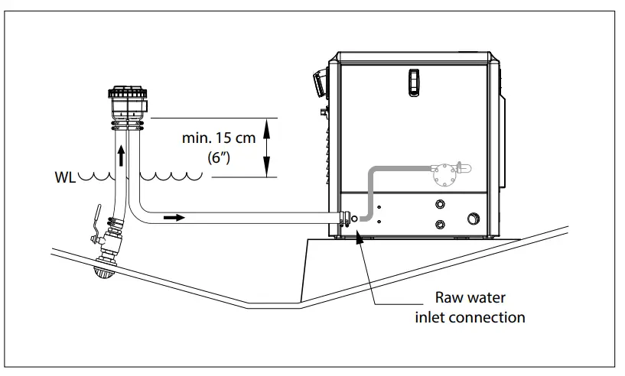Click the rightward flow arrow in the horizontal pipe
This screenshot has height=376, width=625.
174,219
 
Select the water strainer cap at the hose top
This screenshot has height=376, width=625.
126,99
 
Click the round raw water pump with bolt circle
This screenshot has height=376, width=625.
442,175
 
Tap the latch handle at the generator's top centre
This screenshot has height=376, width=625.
415,81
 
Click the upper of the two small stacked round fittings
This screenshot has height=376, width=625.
441,205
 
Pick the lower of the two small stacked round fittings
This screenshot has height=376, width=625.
441,224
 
